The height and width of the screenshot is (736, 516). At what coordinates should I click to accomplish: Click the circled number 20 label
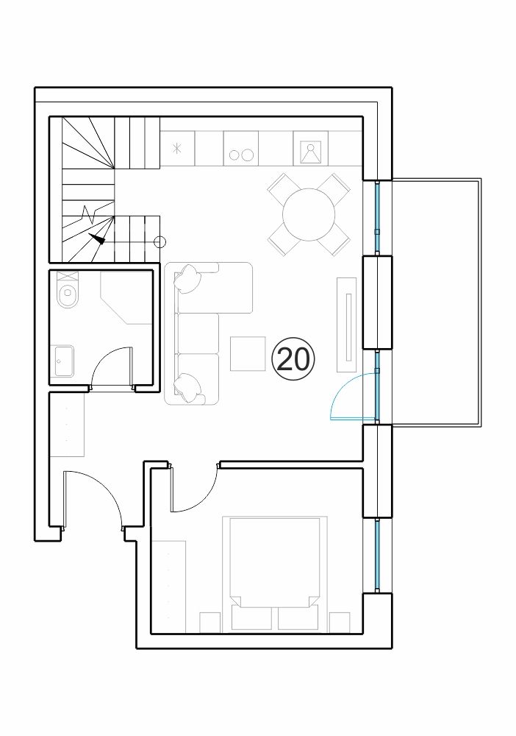coord(293,359)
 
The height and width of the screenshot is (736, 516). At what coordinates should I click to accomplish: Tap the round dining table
coord(309,214)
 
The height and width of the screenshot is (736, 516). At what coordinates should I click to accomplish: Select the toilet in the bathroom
coord(68,290)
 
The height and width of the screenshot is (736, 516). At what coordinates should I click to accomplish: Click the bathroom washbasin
coord(64,361)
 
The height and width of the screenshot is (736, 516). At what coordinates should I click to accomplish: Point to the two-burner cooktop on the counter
coord(241,149)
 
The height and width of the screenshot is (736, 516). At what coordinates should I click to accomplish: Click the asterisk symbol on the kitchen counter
coord(176,149)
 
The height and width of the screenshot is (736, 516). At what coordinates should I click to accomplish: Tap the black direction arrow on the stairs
coord(97,238)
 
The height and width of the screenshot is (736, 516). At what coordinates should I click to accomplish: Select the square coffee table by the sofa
coord(248,353)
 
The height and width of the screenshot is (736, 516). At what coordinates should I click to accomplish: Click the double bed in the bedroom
coord(275,573)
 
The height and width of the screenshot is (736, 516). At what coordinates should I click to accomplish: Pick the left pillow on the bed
coord(251,618)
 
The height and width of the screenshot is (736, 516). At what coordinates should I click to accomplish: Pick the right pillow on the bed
coord(298,618)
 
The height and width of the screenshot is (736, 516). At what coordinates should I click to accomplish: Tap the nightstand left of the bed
coord(210,623)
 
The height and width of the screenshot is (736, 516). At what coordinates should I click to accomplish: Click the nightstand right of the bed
coord(340,623)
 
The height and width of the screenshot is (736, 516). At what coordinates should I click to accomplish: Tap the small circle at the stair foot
coord(160,242)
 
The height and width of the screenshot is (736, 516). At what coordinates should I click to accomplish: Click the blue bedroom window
coord(377,556)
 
